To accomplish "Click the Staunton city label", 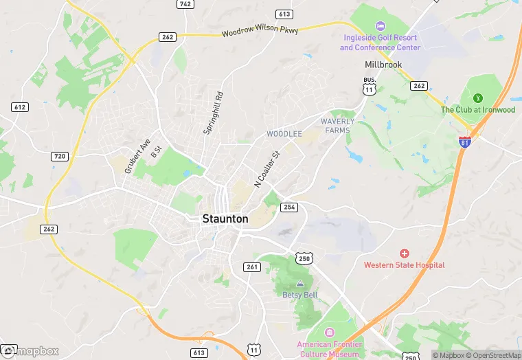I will [x=225, y=218].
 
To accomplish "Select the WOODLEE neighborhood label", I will [x=284, y=133].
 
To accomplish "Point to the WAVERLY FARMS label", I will [x=338, y=126].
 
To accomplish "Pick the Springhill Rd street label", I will [x=214, y=113].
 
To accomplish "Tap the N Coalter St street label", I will [x=268, y=170].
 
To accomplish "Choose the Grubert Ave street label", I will [x=137, y=157].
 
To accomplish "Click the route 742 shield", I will [x=184, y=4].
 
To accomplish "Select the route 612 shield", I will [x=19, y=106].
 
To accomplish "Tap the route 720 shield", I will [x=59, y=157].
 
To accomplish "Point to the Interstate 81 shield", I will [x=466, y=142].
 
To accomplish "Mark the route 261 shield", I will [x=252, y=267].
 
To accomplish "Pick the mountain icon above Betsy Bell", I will [x=299, y=284].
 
